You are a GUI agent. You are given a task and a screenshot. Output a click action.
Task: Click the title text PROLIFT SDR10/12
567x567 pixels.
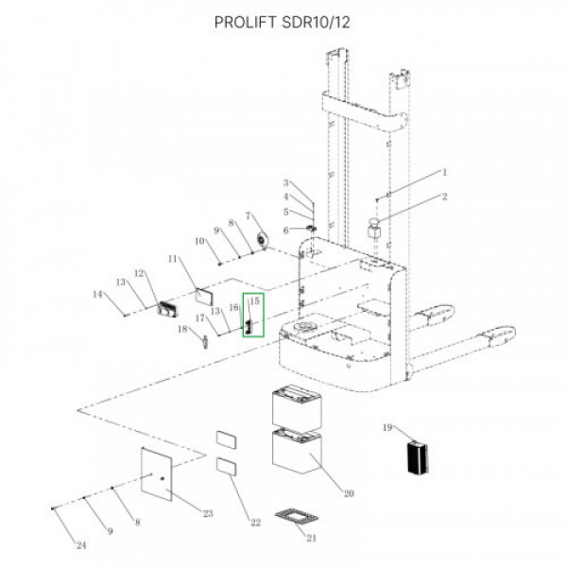click(x=282, y=23)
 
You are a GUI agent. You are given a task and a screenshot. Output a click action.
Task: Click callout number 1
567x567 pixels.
click(x=445, y=173)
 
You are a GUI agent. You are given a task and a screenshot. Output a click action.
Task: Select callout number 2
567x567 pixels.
click(x=444, y=197)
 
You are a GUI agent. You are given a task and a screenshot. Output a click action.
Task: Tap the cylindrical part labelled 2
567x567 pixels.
click(x=374, y=228)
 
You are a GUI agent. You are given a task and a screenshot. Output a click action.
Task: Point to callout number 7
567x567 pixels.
click(x=248, y=215)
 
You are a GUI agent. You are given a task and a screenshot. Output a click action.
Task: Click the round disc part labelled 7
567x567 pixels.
click(x=261, y=240)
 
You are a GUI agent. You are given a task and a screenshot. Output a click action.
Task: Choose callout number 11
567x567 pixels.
click(x=173, y=259)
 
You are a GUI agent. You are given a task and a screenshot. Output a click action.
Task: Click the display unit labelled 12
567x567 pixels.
click(x=167, y=309)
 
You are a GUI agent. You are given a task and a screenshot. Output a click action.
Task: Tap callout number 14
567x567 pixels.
click(x=97, y=294)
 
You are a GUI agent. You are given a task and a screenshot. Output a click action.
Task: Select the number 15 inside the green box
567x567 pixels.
click(x=254, y=301)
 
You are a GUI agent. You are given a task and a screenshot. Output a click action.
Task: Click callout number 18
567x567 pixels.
click(x=182, y=329)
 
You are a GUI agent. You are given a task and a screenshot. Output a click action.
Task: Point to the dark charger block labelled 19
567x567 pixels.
click(x=418, y=456)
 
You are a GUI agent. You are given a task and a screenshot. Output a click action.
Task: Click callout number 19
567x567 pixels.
click(x=387, y=428)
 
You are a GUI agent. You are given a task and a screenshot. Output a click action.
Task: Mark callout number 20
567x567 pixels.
click(x=349, y=493)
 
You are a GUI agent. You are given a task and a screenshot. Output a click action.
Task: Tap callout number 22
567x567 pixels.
click(x=256, y=523)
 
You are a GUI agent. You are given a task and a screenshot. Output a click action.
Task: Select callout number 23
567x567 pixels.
click(x=208, y=513)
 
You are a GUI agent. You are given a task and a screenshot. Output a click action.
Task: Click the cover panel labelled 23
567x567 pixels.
click(x=156, y=474)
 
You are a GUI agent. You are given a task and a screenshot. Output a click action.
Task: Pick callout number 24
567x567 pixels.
click(x=81, y=545)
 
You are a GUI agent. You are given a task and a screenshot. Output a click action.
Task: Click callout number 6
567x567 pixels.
click(x=285, y=231)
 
